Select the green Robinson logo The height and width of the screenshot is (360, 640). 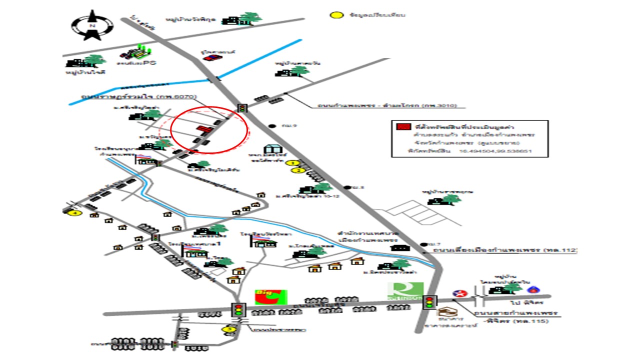[405, 292]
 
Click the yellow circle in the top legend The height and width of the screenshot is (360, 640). [336, 14]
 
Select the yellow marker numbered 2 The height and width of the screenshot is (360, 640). [299, 170]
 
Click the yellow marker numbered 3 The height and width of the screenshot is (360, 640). [228, 329]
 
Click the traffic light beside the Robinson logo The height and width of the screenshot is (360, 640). [429, 302]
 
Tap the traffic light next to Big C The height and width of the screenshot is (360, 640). [239, 309]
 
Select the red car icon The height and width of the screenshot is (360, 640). [211, 57]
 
